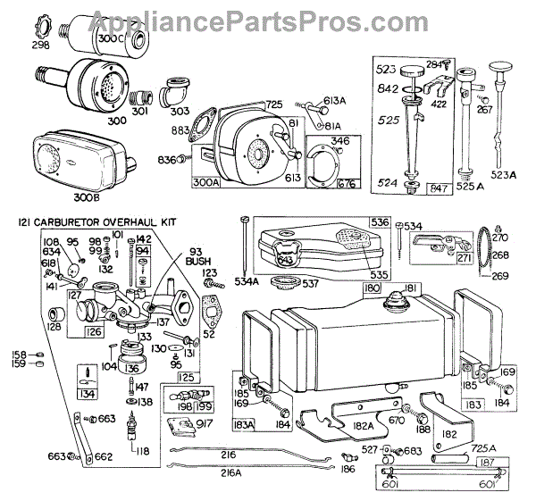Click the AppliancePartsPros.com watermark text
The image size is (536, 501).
tap(267, 12)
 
